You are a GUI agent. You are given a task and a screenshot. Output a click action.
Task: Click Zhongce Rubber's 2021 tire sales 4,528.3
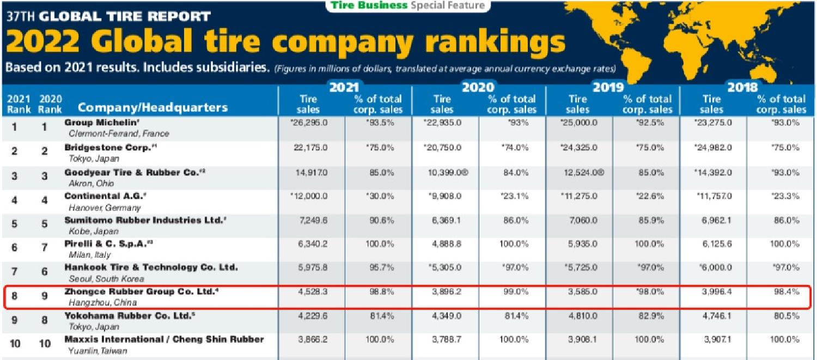[x=311, y=292]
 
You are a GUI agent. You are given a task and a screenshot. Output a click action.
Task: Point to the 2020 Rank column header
[x=50, y=104]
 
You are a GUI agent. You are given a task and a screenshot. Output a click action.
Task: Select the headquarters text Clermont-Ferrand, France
[x=119, y=133]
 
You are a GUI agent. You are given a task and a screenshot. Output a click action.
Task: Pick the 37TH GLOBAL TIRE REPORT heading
[x=108, y=16]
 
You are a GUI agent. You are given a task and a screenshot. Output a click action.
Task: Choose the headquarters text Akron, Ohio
[x=88, y=184]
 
